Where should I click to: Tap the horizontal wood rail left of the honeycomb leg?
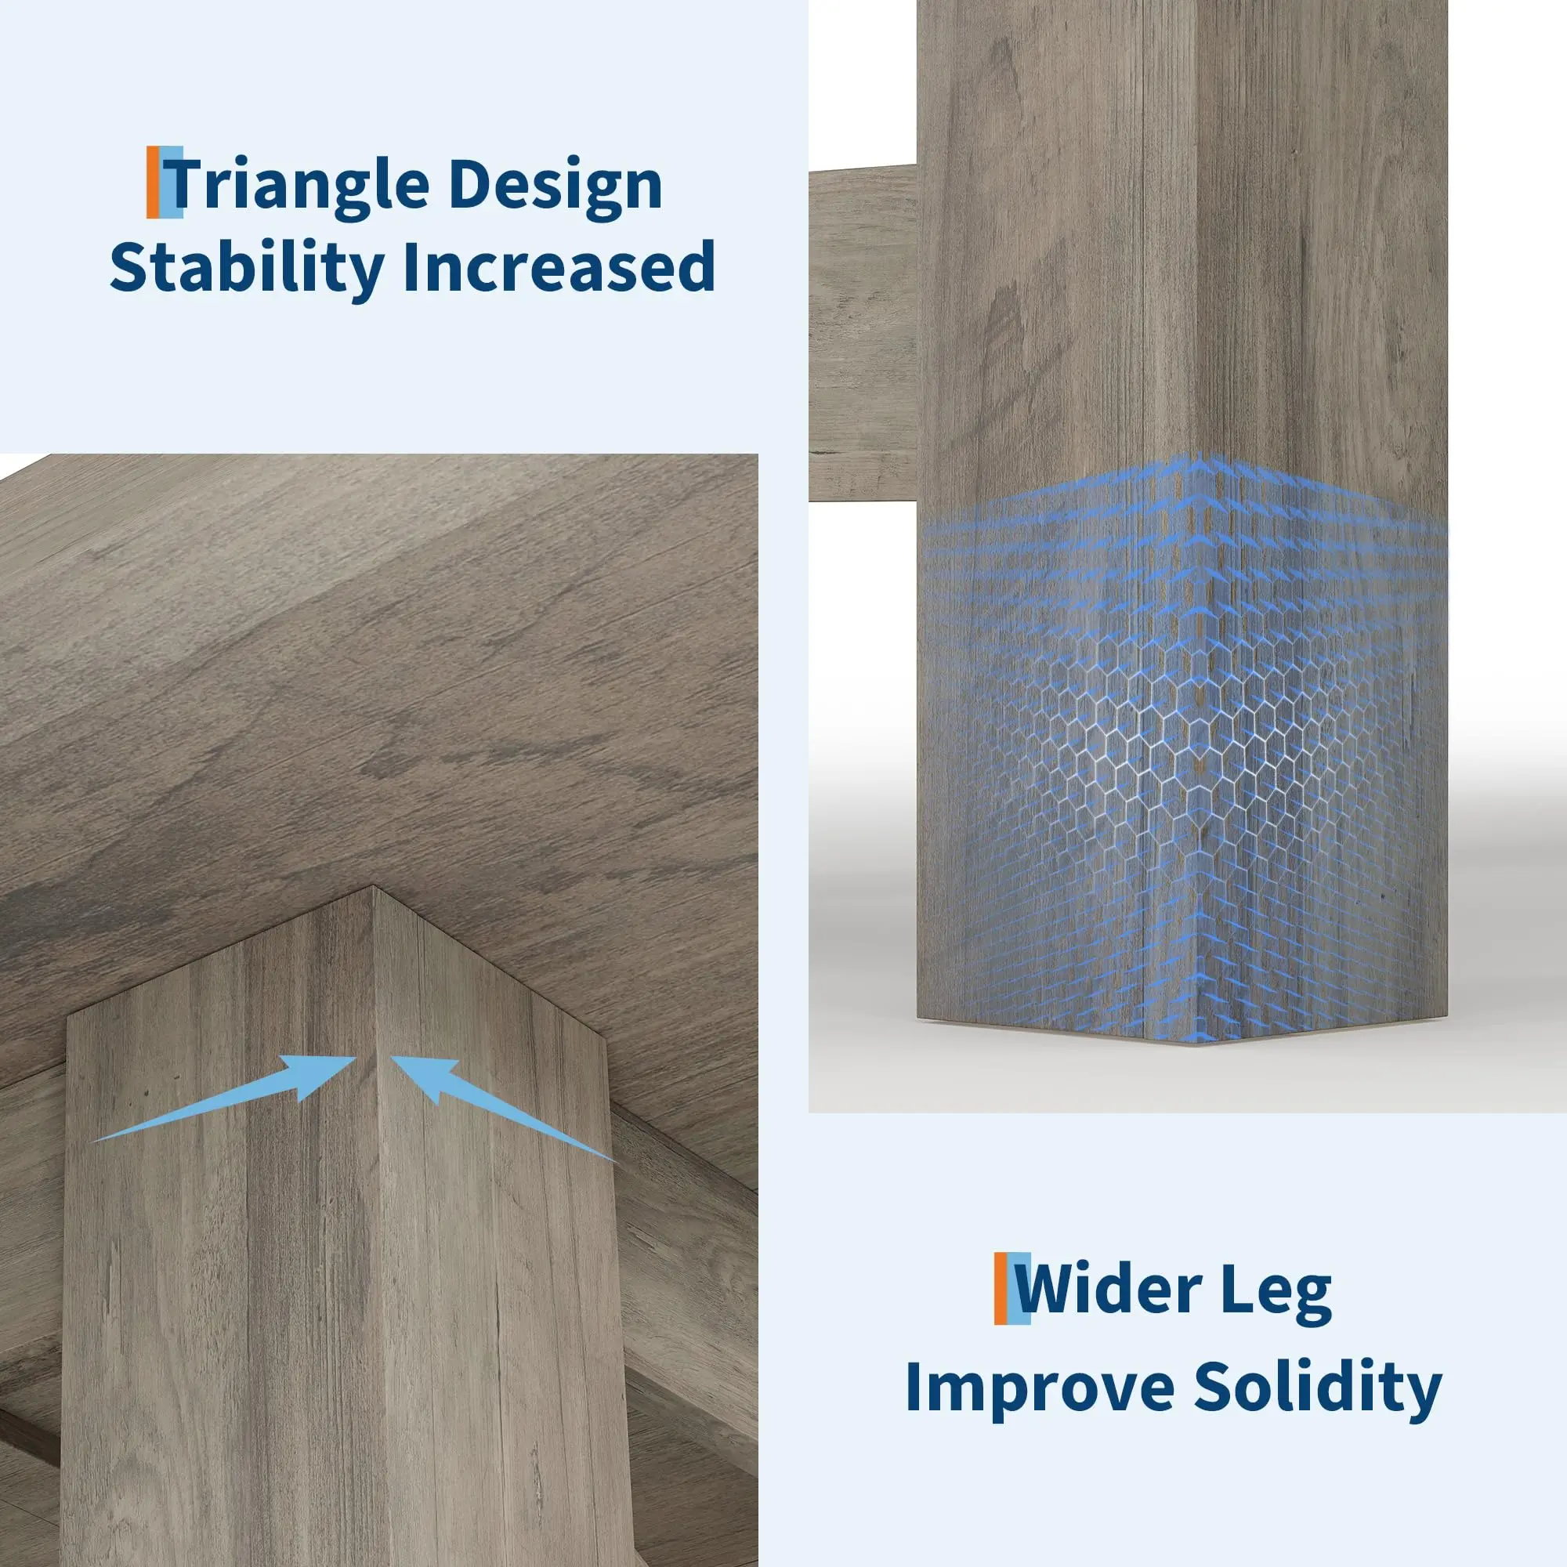[862, 332]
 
